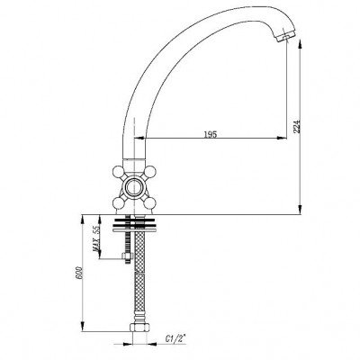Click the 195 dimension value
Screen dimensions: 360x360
pyautogui.click(x=210, y=134)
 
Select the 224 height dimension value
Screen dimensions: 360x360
pyautogui.click(x=296, y=126)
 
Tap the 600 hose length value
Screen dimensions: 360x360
pyautogui.click(x=79, y=273)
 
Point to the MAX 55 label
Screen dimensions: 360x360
pyautogui.click(x=96, y=238)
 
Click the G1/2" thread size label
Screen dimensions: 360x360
pyautogui.click(x=175, y=338)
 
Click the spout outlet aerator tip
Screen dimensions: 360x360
pyautogui.click(x=285, y=37)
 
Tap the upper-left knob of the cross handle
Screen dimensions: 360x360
pyautogui.click(x=118, y=172)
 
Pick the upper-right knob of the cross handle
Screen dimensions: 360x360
pyautogui.click(x=149, y=172)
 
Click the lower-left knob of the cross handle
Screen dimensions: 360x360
pyautogui.click(x=118, y=204)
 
